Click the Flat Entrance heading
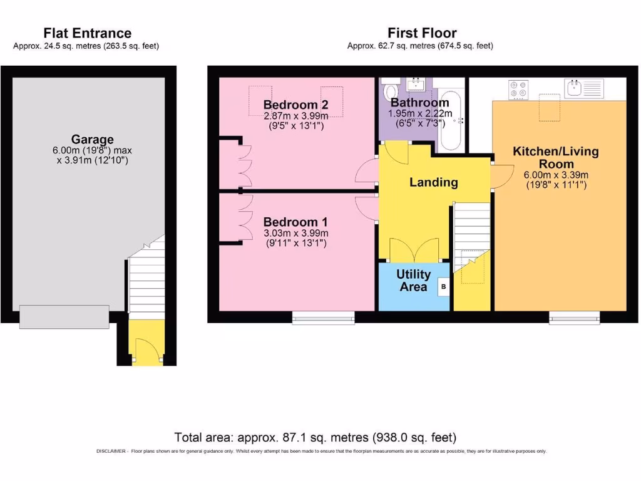pos(88,33)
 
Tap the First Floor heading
pos(422,33)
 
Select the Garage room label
pos(93,139)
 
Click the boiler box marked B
pos(444,287)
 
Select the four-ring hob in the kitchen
pos(518,90)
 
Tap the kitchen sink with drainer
pos(584,89)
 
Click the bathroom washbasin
pos(416,85)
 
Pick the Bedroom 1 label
pos(295,222)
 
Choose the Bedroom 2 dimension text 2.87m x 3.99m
pos(296,116)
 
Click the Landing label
pos(434,182)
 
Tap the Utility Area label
pos(414,280)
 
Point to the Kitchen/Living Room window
pos(575,318)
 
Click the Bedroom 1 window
pos(324,318)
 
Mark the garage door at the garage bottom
pos(64,316)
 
